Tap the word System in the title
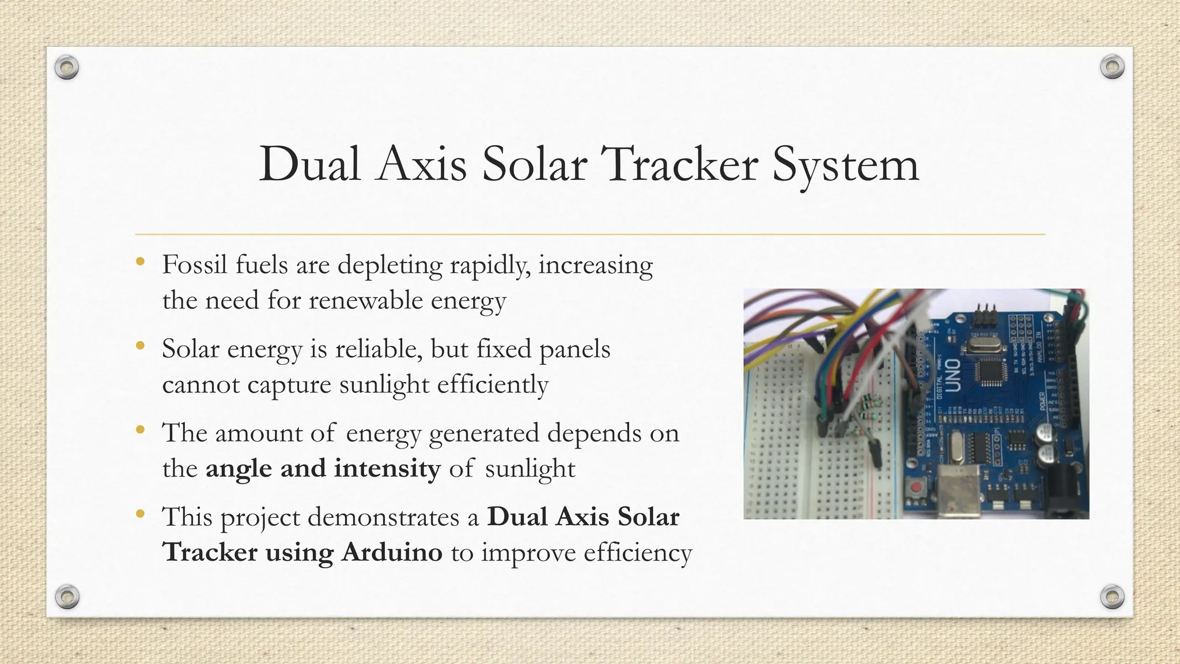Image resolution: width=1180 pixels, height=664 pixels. (845, 165)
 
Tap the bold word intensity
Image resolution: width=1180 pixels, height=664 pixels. (387, 468)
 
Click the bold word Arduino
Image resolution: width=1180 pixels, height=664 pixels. (392, 552)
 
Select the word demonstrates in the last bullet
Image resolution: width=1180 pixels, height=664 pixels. (385, 517)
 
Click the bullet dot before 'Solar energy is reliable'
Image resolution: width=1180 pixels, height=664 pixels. (140, 346)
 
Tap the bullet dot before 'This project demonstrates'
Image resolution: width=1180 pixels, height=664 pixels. (140, 514)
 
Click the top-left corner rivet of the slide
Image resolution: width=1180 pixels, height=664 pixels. (67, 68)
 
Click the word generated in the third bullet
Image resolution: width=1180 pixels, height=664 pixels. (484, 433)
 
